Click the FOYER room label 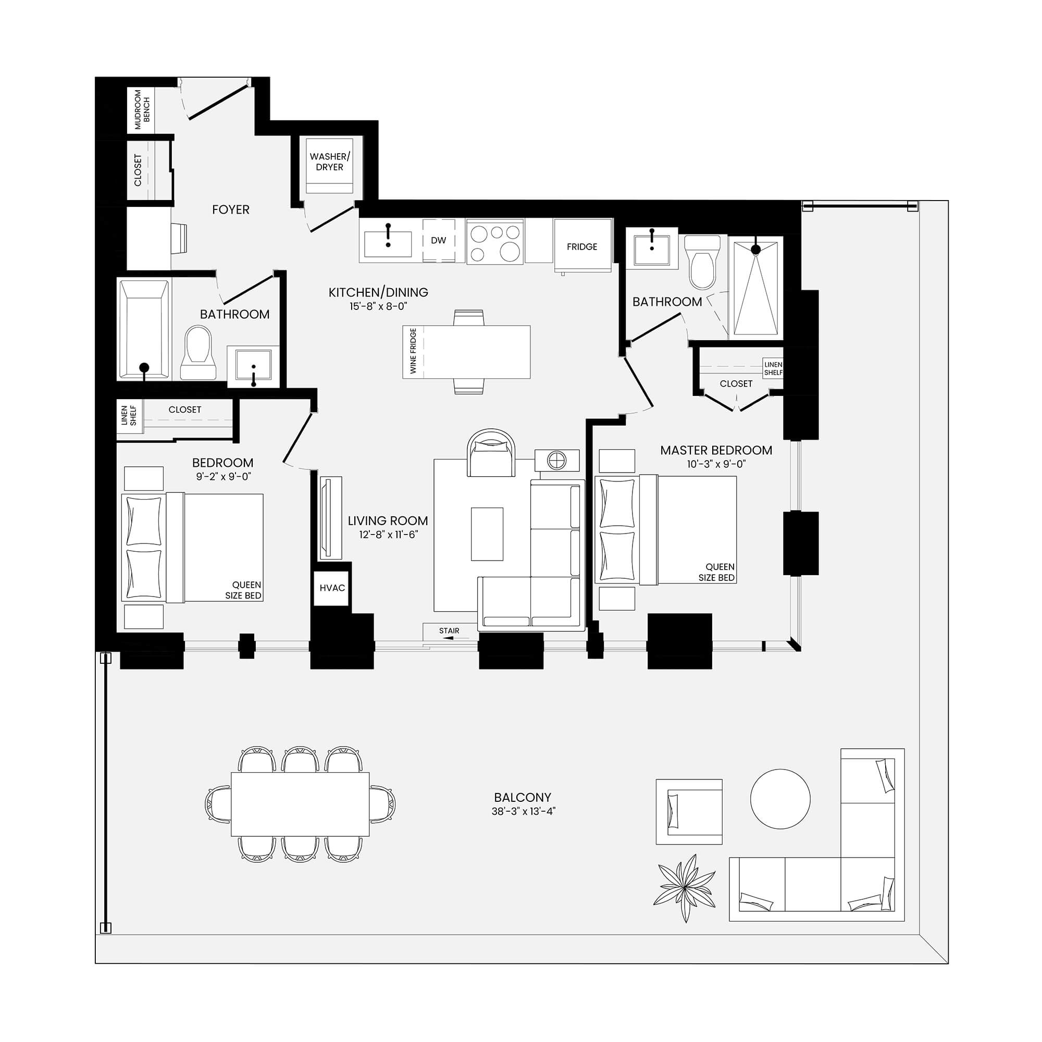click(230, 209)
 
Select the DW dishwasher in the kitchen click(439, 241)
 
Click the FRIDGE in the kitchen click(582, 246)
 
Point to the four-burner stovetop click(495, 241)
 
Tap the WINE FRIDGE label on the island click(413, 351)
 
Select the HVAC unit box click(332, 588)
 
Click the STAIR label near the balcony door click(449, 630)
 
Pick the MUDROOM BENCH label click(142, 109)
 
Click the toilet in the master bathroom click(702, 262)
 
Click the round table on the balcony click(780, 799)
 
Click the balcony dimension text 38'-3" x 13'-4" click(523, 811)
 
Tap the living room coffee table click(487, 534)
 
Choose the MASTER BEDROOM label click(716, 450)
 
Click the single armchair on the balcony click(689, 812)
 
